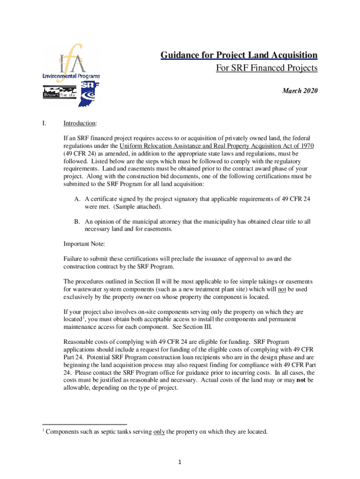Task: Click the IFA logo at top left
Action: coord(71,62)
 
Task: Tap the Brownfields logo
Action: coord(59,92)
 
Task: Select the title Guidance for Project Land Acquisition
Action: coord(239,56)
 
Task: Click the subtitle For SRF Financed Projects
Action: coord(266,68)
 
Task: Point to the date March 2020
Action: coord(300,91)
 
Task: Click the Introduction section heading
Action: coord(80,123)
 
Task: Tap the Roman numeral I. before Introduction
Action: coord(44,123)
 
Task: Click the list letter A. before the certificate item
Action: coord(77,199)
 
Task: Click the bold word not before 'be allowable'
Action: coord(301,380)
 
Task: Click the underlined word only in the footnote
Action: coord(159,432)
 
